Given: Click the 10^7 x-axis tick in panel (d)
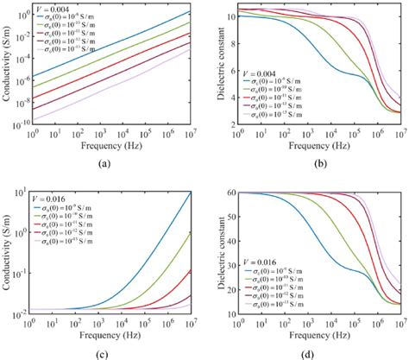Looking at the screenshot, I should pyautogui.click(x=400, y=320).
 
